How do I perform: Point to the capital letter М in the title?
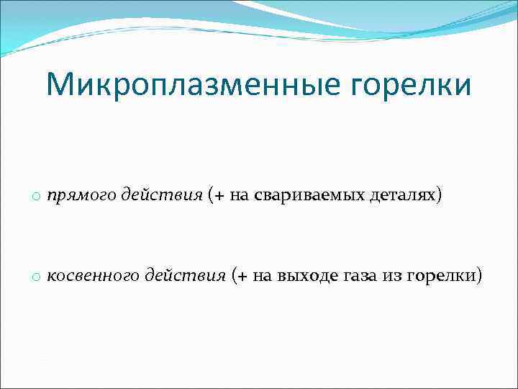point(60,85)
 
